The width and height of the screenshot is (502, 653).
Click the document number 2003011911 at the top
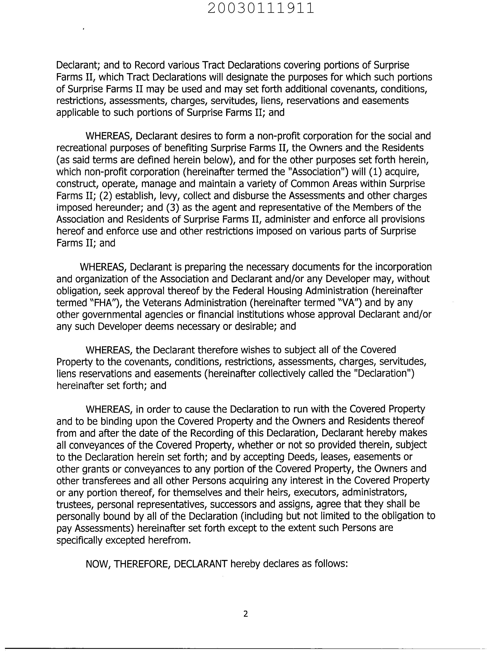pos(260,8)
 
